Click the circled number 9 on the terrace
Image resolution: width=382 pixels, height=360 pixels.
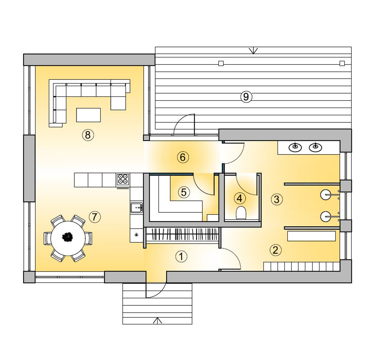click(246, 97)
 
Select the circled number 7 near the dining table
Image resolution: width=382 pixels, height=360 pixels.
click(94, 217)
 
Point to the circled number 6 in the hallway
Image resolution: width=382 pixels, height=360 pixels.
click(183, 157)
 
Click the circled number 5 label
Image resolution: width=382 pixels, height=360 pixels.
click(184, 192)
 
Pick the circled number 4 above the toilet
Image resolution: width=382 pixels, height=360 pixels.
click(239, 198)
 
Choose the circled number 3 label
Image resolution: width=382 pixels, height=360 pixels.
click(276, 199)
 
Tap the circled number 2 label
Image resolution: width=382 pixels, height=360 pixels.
click(275, 250)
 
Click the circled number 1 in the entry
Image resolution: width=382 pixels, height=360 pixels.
click(181, 257)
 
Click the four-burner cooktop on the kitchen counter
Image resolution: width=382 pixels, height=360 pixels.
click(123, 179)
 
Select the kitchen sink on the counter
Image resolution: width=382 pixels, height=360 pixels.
click(136, 208)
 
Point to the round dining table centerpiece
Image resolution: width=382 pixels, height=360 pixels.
click(68, 237)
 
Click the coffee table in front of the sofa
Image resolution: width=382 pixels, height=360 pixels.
click(88, 115)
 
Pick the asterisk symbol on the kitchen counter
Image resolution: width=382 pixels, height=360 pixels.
click(136, 235)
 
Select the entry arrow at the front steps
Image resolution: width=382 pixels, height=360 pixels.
click(157, 320)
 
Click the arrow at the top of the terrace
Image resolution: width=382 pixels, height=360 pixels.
click(254, 51)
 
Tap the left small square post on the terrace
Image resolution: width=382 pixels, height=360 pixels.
click(220, 63)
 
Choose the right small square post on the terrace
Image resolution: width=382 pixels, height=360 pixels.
click(342, 63)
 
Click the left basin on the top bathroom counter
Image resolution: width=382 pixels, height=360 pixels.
click(295, 147)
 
